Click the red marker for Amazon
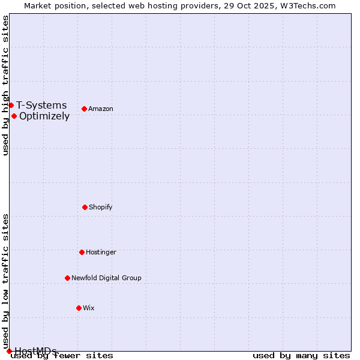tap(84, 109)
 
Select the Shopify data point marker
tap(85, 207)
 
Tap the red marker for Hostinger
tap(82, 252)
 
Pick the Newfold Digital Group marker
tap(67, 278)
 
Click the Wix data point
tap(79, 308)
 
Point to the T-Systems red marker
tap(11, 105)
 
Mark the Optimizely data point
tap(14, 116)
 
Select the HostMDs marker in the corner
tap(9, 351)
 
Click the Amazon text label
tap(101, 109)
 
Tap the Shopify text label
tap(101, 207)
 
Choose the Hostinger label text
tap(101, 252)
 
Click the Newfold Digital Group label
tap(106, 278)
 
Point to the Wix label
tap(89, 308)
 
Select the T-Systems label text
tap(41, 105)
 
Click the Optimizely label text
tap(44, 116)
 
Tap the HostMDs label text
tap(35, 351)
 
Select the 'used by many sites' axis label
tap(301, 355)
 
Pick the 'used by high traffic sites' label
tap(5, 85)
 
